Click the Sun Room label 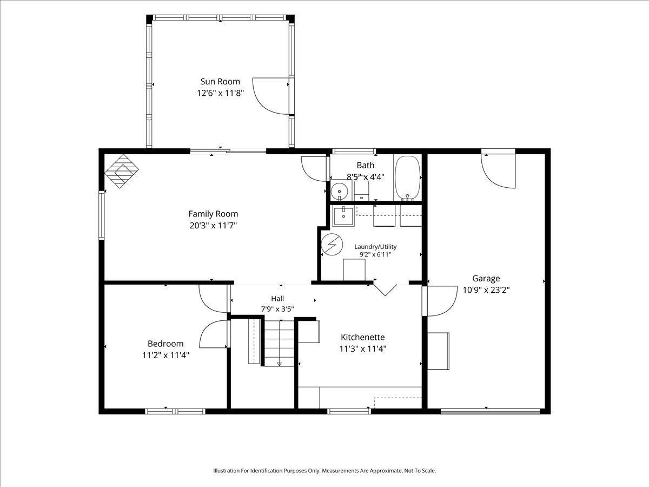click(x=220, y=81)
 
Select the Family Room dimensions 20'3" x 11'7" click(x=213, y=226)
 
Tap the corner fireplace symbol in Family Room click(x=122, y=171)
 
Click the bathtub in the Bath click(x=407, y=178)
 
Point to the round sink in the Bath click(x=340, y=191)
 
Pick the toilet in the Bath click(x=361, y=189)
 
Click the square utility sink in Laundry click(x=343, y=216)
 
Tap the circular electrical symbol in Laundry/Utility click(x=332, y=244)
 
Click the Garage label click(x=486, y=279)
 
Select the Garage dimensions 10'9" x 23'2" click(x=486, y=290)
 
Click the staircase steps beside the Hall click(x=279, y=343)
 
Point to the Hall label click(x=277, y=299)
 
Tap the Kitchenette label click(x=363, y=337)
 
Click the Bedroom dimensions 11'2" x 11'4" click(x=165, y=355)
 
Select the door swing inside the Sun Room click(x=270, y=96)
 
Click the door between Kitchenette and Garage click(x=439, y=301)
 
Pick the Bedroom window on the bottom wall click(x=175, y=411)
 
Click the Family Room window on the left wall click(x=102, y=215)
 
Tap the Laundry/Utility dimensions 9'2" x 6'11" click(x=375, y=254)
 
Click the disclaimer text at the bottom click(x=325, y=470)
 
